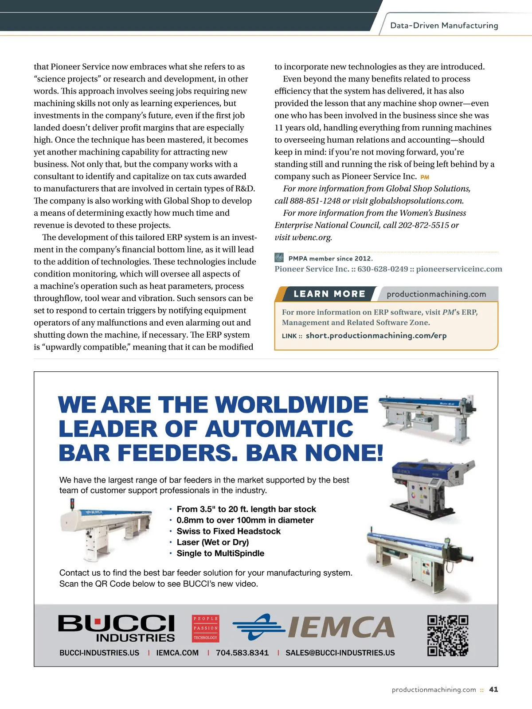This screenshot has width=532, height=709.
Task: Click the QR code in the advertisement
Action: (448, 635)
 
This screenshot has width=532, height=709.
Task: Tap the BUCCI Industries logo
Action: (117, 628)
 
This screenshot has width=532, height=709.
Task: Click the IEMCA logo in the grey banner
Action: (314, 627)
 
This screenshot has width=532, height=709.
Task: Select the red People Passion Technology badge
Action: (206, 628)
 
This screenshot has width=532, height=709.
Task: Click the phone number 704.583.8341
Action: (242, 653)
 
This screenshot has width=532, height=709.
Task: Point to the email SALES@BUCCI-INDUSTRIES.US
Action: (340, 653)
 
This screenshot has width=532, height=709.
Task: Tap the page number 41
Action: (493, 690)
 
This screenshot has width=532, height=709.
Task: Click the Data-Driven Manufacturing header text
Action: (444, 25)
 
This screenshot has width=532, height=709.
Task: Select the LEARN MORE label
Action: (329, 294)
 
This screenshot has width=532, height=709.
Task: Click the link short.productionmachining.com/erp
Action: (376, 335)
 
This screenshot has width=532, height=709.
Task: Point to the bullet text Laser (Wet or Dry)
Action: (212, 542)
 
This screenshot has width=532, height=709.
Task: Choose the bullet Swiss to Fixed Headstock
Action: (228, 531)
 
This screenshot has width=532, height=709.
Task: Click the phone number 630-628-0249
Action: (383, 269)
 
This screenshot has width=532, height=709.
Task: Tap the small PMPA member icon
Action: (279, 257)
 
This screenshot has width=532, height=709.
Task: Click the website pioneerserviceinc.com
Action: (459, 269)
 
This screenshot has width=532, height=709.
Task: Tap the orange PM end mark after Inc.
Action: (425, 177)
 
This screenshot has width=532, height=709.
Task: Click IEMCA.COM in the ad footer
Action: (177, 653)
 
